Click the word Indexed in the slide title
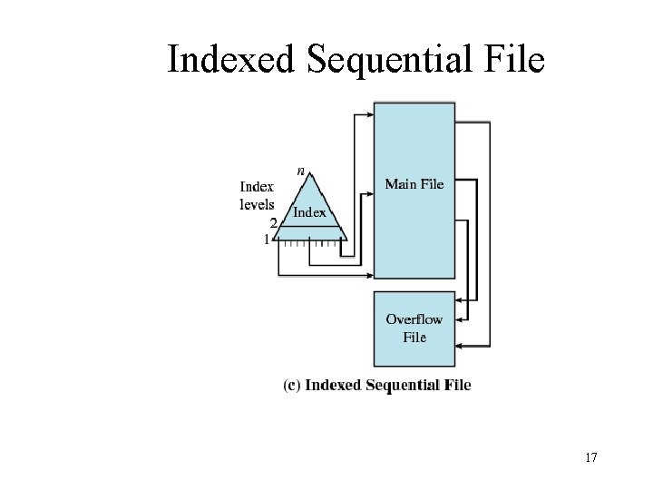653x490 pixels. tap(231, 61)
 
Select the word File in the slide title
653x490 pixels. tap(515, 61)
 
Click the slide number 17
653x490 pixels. tap(590, 457)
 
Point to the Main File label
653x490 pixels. tap(414, 184)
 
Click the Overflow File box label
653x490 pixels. tap(414, 328)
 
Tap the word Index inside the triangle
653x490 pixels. tap(310, 212)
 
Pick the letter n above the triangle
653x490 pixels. tap(301, 170)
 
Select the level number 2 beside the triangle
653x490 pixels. tap(273, 222)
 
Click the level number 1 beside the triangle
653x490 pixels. tap(267, 240)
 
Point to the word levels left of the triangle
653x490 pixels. tap(257, 204)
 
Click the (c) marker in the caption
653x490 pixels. tap(292, 385)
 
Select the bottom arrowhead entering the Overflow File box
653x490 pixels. tap(460, 346)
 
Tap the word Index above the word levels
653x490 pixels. tap(257, 187)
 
